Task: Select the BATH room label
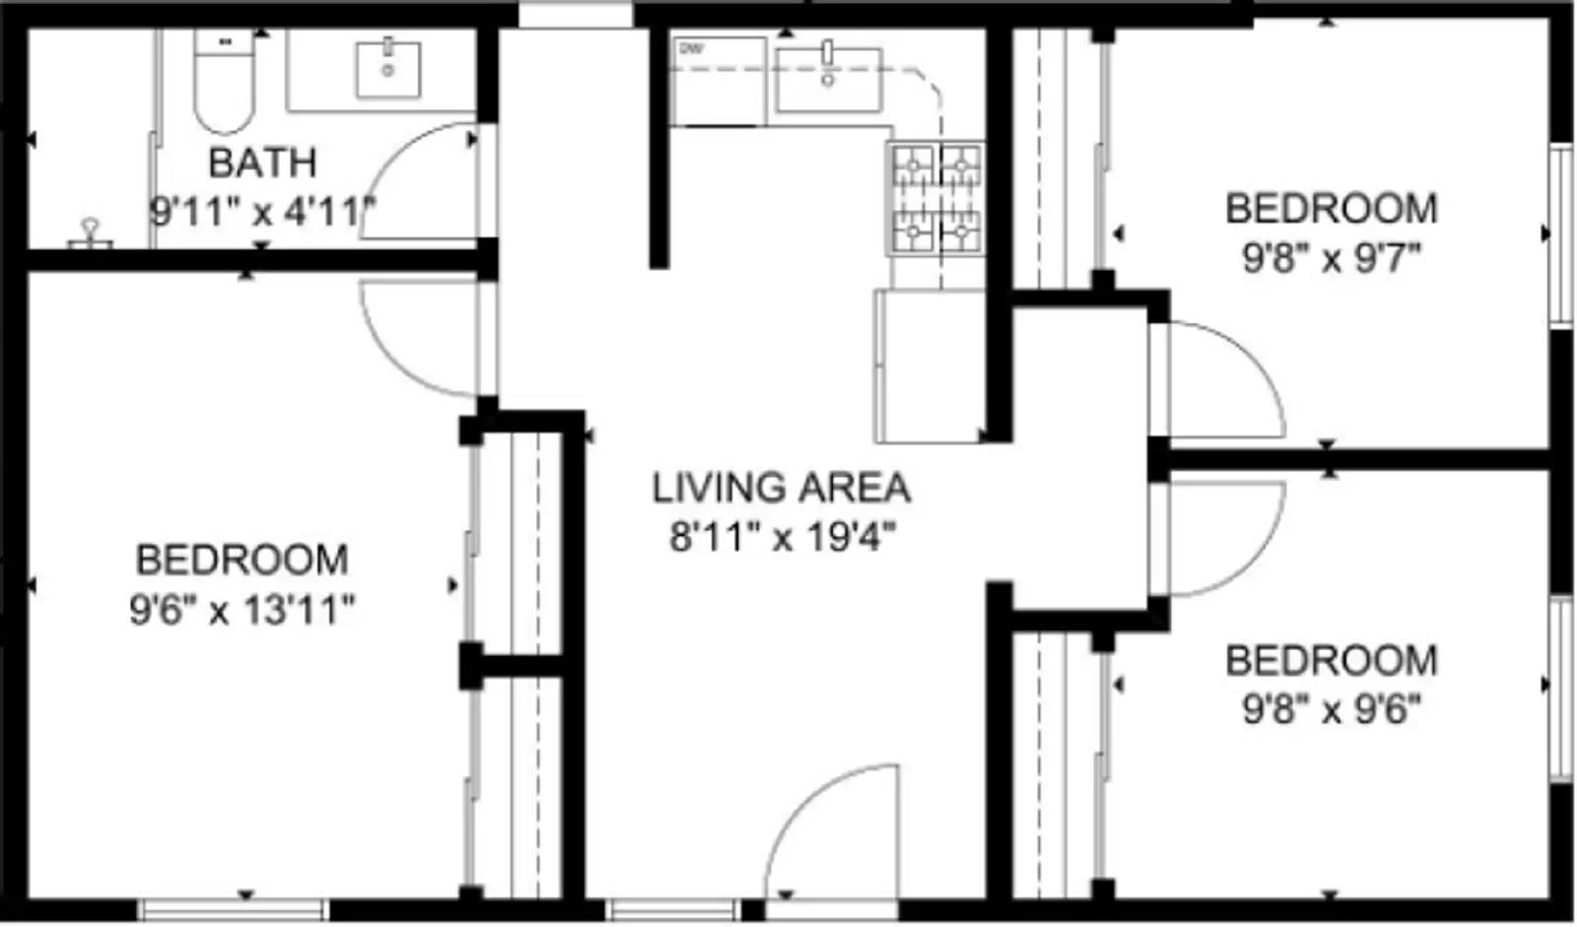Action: click(x=262, y=163)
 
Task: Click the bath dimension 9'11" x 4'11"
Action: click(x=262, y=211)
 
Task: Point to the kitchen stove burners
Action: click(x=936, y=198)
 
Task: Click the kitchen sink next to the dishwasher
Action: click(x=828, y=77)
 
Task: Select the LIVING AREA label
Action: click(x=781, y=488)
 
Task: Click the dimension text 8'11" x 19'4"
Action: click(x=783, y=538)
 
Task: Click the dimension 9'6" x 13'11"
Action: click(x=241, y=610)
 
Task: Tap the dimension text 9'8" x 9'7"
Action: click(x=1331, y=258)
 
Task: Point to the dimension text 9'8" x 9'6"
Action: click(x=1331, y=708)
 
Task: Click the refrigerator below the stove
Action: click(x=929, y=365)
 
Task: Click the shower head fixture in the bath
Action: click(x=91, y=233)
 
